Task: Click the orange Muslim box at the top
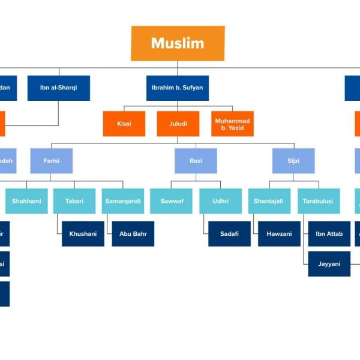[178, 43]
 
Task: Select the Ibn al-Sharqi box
[58, 88]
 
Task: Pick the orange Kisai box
[124, 124]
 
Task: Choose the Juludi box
[178, 124]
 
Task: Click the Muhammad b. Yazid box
[232, 124]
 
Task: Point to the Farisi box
[51, 161]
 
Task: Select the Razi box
[196, 161]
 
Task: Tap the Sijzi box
[293, 161]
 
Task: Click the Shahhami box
[26, 201]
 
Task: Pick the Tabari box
[74, 201]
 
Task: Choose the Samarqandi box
[123, 201]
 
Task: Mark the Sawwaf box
[171, 201]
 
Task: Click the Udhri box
[220, 201]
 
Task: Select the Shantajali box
[269, 201]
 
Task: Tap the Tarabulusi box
[318, 201]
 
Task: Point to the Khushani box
[83, 233]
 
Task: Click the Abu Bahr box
[133, 233]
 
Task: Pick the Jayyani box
[329, 263]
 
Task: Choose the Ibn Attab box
[329, 233]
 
